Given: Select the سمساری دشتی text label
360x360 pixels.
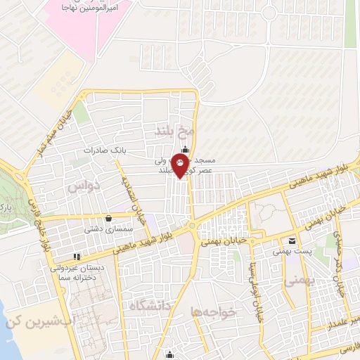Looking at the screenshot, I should [104, 229].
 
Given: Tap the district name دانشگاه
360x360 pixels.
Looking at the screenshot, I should [149, 305].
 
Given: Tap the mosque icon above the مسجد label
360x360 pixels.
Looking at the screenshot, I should [185, 149].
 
